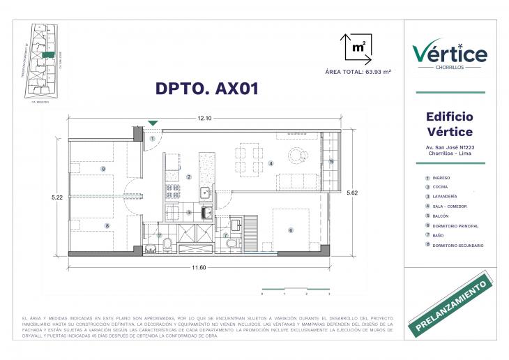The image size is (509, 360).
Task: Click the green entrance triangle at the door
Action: (153, 123)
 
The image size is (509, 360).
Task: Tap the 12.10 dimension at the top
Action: (204, 118)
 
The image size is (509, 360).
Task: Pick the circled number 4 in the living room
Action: (271, 163)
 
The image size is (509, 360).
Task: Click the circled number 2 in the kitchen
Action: (189, 177)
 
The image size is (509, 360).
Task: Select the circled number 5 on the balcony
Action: (331, 161)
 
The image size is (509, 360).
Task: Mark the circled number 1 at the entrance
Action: (152, 138)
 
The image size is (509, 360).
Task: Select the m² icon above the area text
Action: (356, 48)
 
